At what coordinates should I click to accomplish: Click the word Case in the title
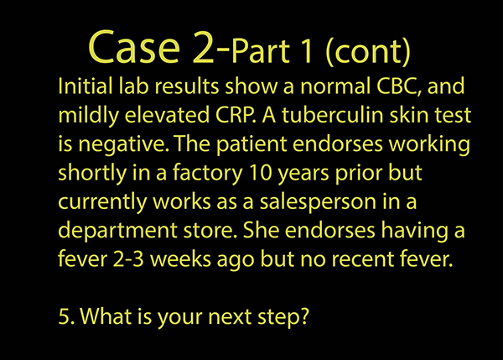click(x=134, y=47)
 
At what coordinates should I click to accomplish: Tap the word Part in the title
click(x=260, y=51)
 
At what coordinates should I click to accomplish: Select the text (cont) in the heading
click(x=368, y=52)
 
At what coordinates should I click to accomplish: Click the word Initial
click(x=85, y=86)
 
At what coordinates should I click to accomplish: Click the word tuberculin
click(x=332, y=115)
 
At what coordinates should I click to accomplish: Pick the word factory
click(x=208, y=173)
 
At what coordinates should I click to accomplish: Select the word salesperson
click(x=318, y=202)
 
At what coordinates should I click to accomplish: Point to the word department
click(x=117, y=231)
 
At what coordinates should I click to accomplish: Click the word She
click(x=261, y=230)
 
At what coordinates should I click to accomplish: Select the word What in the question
click(x=106, y=316)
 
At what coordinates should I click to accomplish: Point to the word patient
click(x=251, y=144)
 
